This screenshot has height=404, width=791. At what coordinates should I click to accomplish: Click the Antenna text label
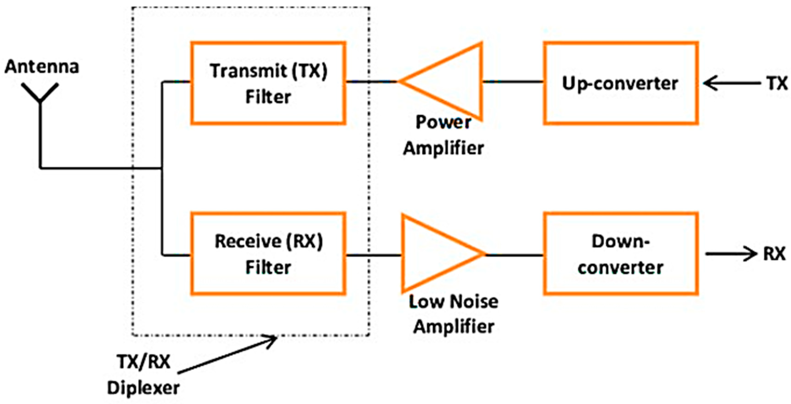point(42,67)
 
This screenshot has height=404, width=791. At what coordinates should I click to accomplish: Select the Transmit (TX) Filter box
point(268,83)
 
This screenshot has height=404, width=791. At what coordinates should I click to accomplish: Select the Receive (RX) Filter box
point(268,254)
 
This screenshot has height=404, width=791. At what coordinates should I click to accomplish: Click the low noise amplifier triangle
point(436,254)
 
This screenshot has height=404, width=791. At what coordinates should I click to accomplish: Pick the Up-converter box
point(621,83)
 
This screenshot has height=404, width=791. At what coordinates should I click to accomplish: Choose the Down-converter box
point(621,254)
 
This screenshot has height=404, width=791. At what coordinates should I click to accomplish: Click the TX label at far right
point(777,83)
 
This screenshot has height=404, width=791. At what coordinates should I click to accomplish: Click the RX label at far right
point(774,254)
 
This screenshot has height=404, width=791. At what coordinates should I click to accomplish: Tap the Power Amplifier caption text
point(443,135)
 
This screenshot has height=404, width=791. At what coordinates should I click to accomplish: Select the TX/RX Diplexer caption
point(143,375)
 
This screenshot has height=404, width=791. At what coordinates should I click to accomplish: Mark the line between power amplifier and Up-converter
point(513,82)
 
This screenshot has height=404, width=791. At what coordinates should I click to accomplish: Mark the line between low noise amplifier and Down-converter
point(514,254)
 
